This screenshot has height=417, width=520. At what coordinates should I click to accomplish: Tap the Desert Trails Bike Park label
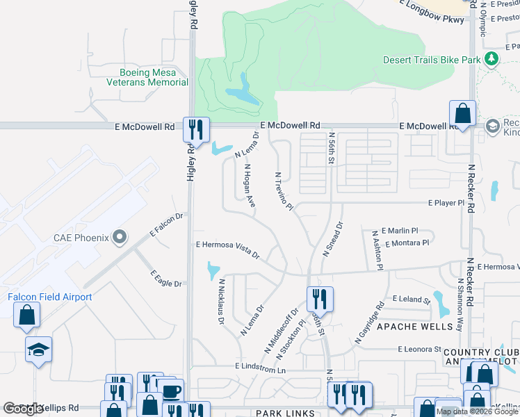432,60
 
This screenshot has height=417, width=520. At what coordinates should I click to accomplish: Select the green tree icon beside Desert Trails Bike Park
492,59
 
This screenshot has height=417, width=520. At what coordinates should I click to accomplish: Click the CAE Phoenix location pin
120,238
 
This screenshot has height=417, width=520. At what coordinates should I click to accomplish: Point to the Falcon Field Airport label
50,297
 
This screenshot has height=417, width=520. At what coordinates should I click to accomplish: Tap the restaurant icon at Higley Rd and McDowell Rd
196,129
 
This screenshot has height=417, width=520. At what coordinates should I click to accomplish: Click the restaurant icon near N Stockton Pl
320,300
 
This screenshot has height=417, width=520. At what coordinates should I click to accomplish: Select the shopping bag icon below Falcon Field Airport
26,315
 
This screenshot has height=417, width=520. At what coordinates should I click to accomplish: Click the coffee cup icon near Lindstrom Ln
172,391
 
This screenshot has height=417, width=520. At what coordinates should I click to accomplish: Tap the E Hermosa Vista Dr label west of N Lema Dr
227,249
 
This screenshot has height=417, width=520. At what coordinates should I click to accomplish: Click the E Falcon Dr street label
166,225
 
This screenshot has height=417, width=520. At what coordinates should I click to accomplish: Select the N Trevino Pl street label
285,192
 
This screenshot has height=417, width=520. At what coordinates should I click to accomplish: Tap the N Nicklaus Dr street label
222,302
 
